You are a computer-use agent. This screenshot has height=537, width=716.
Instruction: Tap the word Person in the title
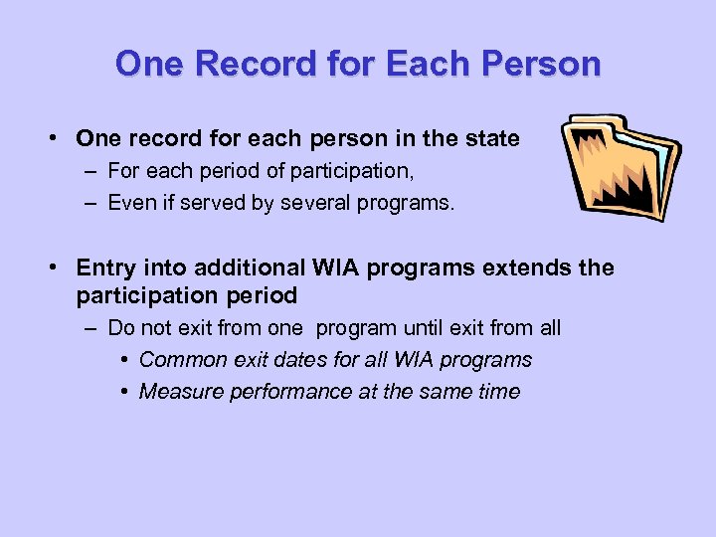tap(541, 64)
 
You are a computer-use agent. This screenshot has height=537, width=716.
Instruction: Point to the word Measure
tap(181, 391)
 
